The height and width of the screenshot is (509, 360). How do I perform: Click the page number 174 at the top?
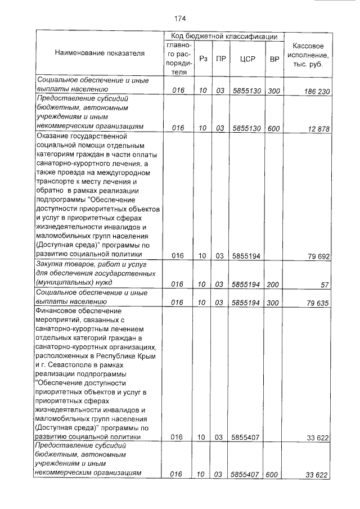[x=180, y=17]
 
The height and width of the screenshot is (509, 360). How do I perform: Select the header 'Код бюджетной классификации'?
[x=224, y=37]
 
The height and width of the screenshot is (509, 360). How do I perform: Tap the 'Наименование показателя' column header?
[x=100, y=53]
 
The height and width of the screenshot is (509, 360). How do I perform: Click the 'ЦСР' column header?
[x=245, y=58]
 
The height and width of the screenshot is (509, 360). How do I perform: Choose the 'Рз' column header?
[x=203, y=58]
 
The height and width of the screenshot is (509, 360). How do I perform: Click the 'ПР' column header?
[x=220, y=58]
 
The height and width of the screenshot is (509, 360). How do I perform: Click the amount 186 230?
[x=314, y=91]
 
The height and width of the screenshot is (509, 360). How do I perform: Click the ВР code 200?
[x=274, y=285]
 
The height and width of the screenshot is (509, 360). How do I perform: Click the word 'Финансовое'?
[x=58, y=310]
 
